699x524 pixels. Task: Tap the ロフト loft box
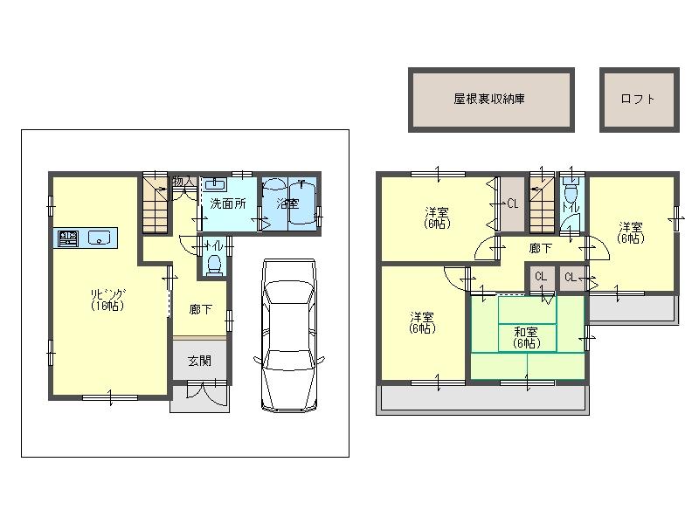tap(638, 99)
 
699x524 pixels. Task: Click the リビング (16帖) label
tap(109, 300)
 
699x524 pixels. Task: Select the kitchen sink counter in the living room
tap(87, 238)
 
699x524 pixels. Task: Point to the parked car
tap(289, 334)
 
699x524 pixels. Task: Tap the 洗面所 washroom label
tap(227, 203)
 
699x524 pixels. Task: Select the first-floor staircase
tap(156, 206)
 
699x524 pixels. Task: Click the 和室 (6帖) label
tap(526, 337)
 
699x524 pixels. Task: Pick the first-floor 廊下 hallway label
tap(200, 308)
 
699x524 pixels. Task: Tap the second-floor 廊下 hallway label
tap(541, 248)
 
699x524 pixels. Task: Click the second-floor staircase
tap(542, 206)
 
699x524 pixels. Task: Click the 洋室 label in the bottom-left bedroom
tap(423, 321)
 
